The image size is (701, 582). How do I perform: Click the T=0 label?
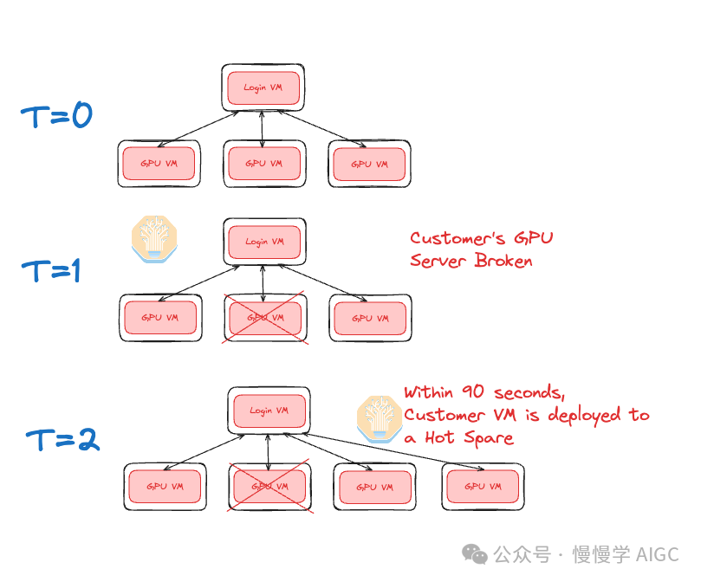coord(56,114)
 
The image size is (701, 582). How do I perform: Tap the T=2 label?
coord(62,439)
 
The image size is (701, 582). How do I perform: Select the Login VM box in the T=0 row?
coord(263,87)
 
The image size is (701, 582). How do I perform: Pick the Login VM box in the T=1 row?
coord(263,241)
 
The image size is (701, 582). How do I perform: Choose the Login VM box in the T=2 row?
coord(267,410)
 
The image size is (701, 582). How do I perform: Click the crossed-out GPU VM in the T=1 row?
coord(263,318)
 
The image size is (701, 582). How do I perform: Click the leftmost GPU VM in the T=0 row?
coord(159,163)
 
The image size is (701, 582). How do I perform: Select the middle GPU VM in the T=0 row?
coord(263,163)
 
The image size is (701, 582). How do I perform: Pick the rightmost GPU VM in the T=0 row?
coord(369,163)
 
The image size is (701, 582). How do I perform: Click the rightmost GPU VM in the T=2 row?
coord(482,486)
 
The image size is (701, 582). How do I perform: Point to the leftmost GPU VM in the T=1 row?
coord(160,318)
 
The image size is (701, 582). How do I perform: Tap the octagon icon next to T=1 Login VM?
coord(154,239)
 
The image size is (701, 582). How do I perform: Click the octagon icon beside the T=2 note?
coord(379,419)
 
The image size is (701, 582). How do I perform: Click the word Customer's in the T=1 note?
coord(457,238)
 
